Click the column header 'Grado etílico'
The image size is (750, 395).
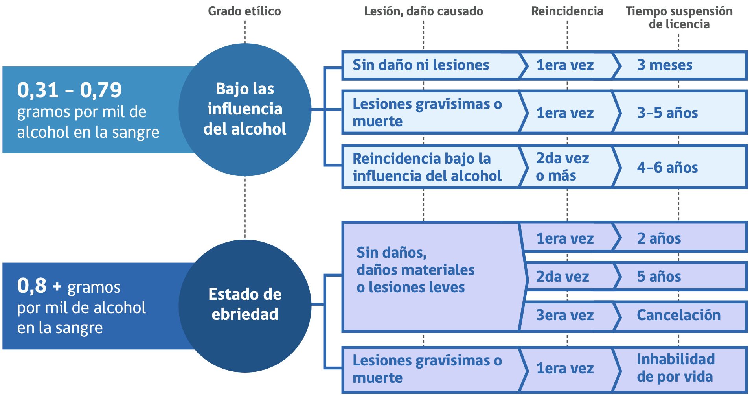coord(244,11)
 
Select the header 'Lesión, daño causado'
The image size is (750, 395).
coord(423,11)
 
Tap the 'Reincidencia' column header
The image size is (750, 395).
coord(567,11)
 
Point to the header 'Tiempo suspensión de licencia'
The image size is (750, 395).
coord(679,18)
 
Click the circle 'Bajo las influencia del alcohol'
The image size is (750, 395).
coord(245,109)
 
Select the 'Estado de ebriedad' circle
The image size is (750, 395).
coord(245,305)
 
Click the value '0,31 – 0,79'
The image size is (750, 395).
coord(70,90)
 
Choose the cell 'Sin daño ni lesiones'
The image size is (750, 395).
coord(421,65)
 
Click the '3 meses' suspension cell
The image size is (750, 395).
coord(665,65)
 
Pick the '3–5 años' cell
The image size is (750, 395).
coord(667,113)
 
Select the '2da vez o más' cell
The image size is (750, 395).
coord(562,167)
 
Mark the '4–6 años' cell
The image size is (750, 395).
coord(667,168)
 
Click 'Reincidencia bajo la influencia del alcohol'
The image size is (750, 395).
coord(427,167)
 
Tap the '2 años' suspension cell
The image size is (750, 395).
coord(659,238)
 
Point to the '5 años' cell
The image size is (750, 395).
coord(659,277)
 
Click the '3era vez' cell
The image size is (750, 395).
coord(565,315)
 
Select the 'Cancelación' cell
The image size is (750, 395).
coord(678,315)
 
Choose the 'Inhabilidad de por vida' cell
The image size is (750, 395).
coord(675,368)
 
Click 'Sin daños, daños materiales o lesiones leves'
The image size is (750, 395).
coord(415,270)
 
